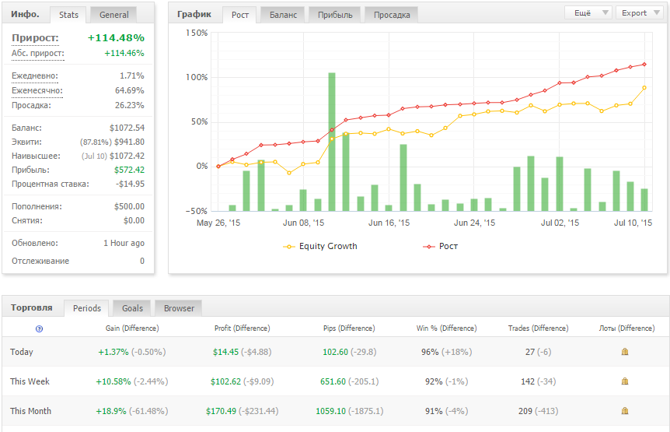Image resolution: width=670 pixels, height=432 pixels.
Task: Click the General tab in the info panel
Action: coord(113,15)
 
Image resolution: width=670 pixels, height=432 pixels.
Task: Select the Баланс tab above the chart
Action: coord(282,15)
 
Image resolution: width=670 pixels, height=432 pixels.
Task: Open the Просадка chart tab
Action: coord(392,15)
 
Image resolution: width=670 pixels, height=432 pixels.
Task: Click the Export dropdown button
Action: coord(639,12)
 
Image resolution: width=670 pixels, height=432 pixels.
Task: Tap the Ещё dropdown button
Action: coord(588,12)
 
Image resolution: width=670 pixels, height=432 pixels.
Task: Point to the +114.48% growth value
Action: coord(116,37)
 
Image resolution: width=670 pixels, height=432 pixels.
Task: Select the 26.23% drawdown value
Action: coord(129,105)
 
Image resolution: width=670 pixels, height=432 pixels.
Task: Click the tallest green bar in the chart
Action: coord(332,140)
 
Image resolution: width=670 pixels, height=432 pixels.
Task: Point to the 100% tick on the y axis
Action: coord(197,77)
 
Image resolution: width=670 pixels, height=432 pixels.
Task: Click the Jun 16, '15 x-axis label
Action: coord(389,223)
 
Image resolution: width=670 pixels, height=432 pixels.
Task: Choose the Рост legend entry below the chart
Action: coord(448,246)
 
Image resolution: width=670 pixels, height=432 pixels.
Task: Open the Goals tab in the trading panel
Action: coord(133,308)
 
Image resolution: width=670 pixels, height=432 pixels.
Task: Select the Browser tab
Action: coord(179,308)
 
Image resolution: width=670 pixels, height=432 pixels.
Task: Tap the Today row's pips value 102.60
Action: coord(336,352)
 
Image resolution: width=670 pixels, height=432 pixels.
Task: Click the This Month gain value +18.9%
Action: coord(111,411)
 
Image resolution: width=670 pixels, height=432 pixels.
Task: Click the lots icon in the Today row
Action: coord(625,352)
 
